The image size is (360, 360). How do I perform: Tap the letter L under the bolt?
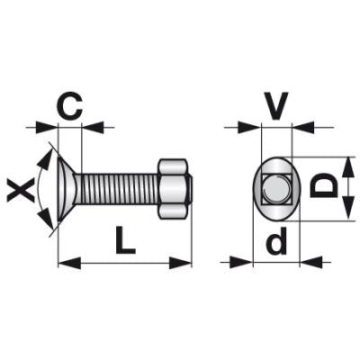[x=125, y=240]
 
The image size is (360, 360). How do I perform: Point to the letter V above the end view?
[x=277, y=105]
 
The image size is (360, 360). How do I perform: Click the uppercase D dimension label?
[x=324, y=186]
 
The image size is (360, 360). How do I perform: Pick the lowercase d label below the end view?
[x=277, y=240]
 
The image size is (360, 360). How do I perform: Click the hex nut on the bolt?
[x=174, y=189]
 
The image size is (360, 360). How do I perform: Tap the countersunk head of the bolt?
[x=67, y=190]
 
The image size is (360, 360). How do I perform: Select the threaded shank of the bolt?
[x=118, y=190]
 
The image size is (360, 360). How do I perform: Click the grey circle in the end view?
[x=276, y=190]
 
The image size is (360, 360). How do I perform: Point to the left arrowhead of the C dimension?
[x=46, y=127]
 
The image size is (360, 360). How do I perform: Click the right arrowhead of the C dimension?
[x=94, y=127]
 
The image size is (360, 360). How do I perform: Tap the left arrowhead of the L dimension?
[x=69, y=263]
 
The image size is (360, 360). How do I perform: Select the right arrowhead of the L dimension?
[x=180, y=263]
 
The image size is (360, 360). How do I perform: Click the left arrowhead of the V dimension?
[x=250, y=127]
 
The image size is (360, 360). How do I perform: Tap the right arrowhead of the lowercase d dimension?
[x=311, y=262]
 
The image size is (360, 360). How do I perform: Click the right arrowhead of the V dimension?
[x=303, y=127]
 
